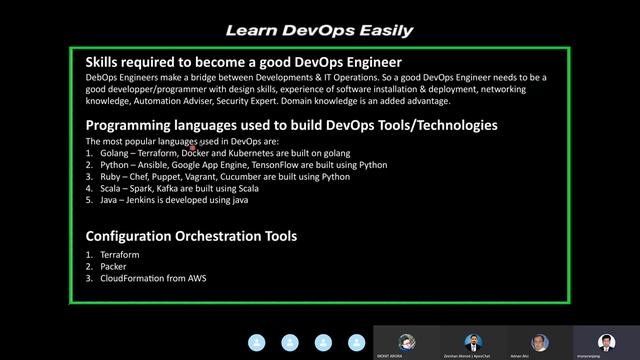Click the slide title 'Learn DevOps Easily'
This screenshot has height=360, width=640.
[x=319, y=30]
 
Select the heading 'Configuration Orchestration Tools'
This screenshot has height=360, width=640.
[x=191, y=236]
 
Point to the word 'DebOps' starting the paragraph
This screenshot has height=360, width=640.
[x=102, y=78]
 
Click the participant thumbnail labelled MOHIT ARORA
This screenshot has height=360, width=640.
[x=407, y=341]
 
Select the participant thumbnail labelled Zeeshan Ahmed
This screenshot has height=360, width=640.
[x=473, y=341]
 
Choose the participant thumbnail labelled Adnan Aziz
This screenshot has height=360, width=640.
[x=540, y=341]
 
